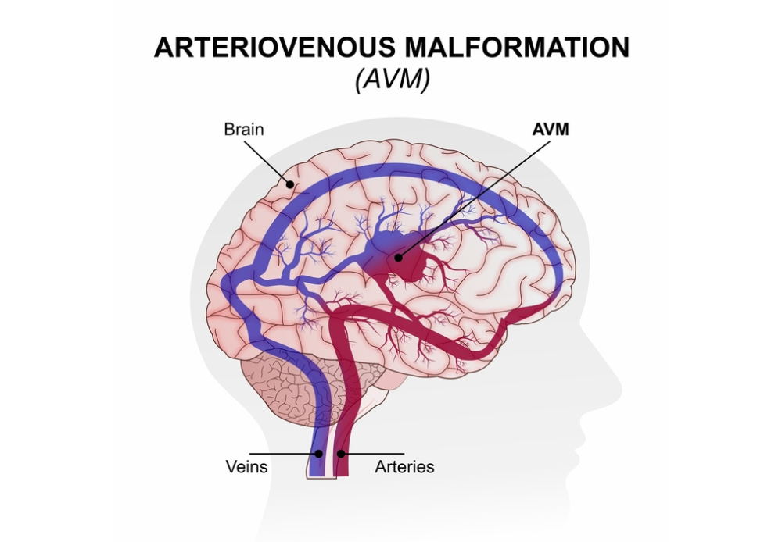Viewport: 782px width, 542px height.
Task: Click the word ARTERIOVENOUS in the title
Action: click(x=274, y=48)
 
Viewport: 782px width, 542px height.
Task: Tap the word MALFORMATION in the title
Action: click(x=517, y=48)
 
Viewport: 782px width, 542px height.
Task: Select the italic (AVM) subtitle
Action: click(x=392, y=79)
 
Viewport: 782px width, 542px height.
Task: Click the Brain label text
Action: click(x=244, y=130)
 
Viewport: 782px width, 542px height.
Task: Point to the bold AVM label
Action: click(x=551, y=130)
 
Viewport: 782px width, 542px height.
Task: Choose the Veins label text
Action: click(x=247, y=467)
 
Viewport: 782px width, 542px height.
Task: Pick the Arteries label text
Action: click(x=404, y=467)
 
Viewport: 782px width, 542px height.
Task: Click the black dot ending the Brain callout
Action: click(x=290, y=184)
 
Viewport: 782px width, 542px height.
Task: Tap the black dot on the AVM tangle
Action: click(x=398, y=258)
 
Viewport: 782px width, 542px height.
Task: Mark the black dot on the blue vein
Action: click(x=319, y=453)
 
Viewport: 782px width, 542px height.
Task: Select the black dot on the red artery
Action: click(x=341, y=453)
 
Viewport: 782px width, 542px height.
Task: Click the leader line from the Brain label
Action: click(x=266, y=162)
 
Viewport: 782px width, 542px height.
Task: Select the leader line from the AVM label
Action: click(x=474, y=199)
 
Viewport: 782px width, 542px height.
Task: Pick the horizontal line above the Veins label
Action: click(x=285, y=453)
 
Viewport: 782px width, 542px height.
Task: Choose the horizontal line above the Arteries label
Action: click(x=372, y=453)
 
